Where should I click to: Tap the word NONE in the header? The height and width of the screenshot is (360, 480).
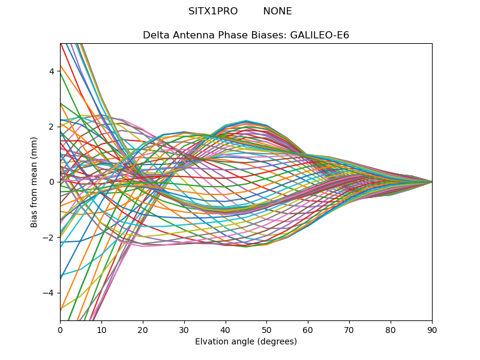[277, 11]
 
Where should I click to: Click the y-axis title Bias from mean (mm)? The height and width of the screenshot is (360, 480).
[34, 182]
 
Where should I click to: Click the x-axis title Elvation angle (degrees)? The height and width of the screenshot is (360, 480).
[246, 342]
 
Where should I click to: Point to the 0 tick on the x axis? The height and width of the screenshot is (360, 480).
[60, 329]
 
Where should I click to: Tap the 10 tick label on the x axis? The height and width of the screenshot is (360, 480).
[101, 329]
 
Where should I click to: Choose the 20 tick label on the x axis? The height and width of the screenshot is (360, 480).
[143, 329]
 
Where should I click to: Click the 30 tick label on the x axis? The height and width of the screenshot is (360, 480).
[184, 329]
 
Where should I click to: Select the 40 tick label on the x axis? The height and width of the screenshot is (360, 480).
[226, 329]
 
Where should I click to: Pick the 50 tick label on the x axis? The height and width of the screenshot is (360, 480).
[266, 329]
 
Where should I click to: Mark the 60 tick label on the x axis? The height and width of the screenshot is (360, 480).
[308, 329]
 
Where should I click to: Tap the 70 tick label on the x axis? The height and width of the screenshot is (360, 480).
[349, 329]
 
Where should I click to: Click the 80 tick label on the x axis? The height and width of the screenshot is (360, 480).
[391, 329]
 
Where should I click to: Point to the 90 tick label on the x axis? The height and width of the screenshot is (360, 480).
[432, 329]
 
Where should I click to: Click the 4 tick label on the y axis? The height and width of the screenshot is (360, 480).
[52, 71]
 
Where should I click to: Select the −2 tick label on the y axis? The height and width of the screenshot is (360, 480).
[49, 237]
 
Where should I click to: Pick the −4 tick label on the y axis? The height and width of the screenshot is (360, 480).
[49, 293]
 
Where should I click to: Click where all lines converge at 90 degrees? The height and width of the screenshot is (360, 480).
[432, 182]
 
